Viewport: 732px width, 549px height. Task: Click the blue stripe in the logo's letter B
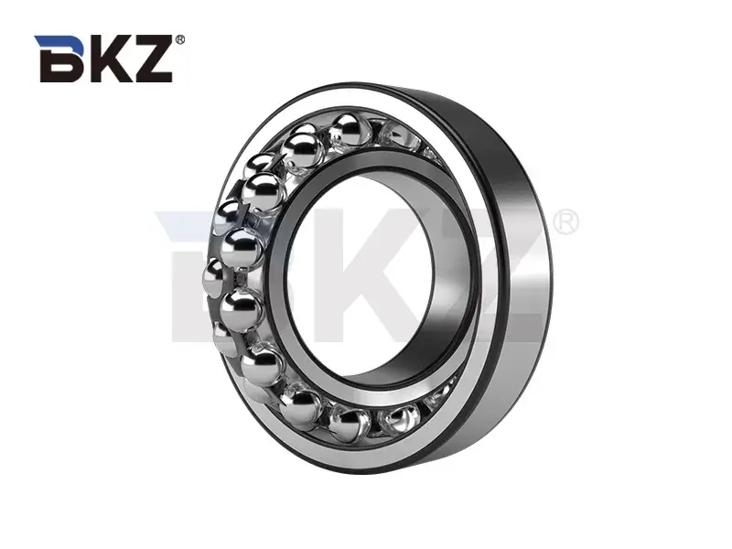coord(51,41)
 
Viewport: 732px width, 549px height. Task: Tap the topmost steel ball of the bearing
coord(346,130)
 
